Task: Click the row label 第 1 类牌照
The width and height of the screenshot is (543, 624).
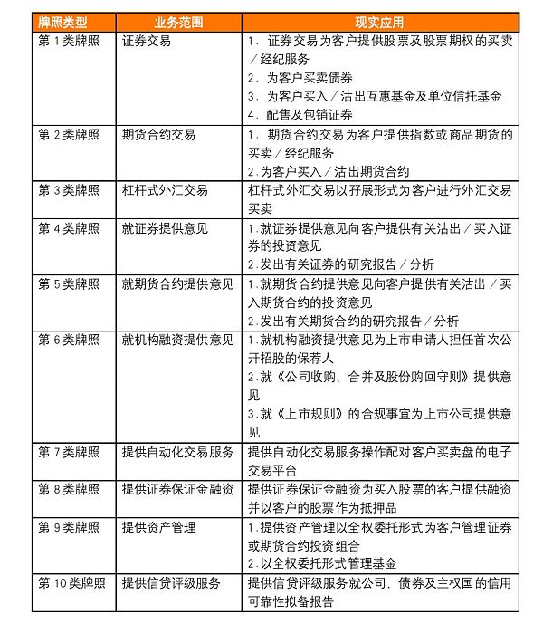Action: click(x=69, y=41)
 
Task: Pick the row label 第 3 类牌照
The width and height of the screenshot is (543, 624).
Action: click(x=69, y=190)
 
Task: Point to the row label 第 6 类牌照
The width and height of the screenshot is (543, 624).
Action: click(x=69, y=340)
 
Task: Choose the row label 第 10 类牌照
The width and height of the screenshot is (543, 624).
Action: click(x=71, y=583)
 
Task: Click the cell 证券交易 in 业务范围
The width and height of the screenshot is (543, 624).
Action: click(x=147, y=41)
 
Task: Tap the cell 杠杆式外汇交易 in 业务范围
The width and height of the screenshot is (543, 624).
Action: click(x=165, y=190)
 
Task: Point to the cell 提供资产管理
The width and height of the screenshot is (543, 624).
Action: click(x=158, y=527)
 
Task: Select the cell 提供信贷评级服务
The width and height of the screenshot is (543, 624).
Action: click(x=171, y=583)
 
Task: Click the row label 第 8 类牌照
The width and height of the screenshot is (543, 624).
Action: click(x=69, y=489)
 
